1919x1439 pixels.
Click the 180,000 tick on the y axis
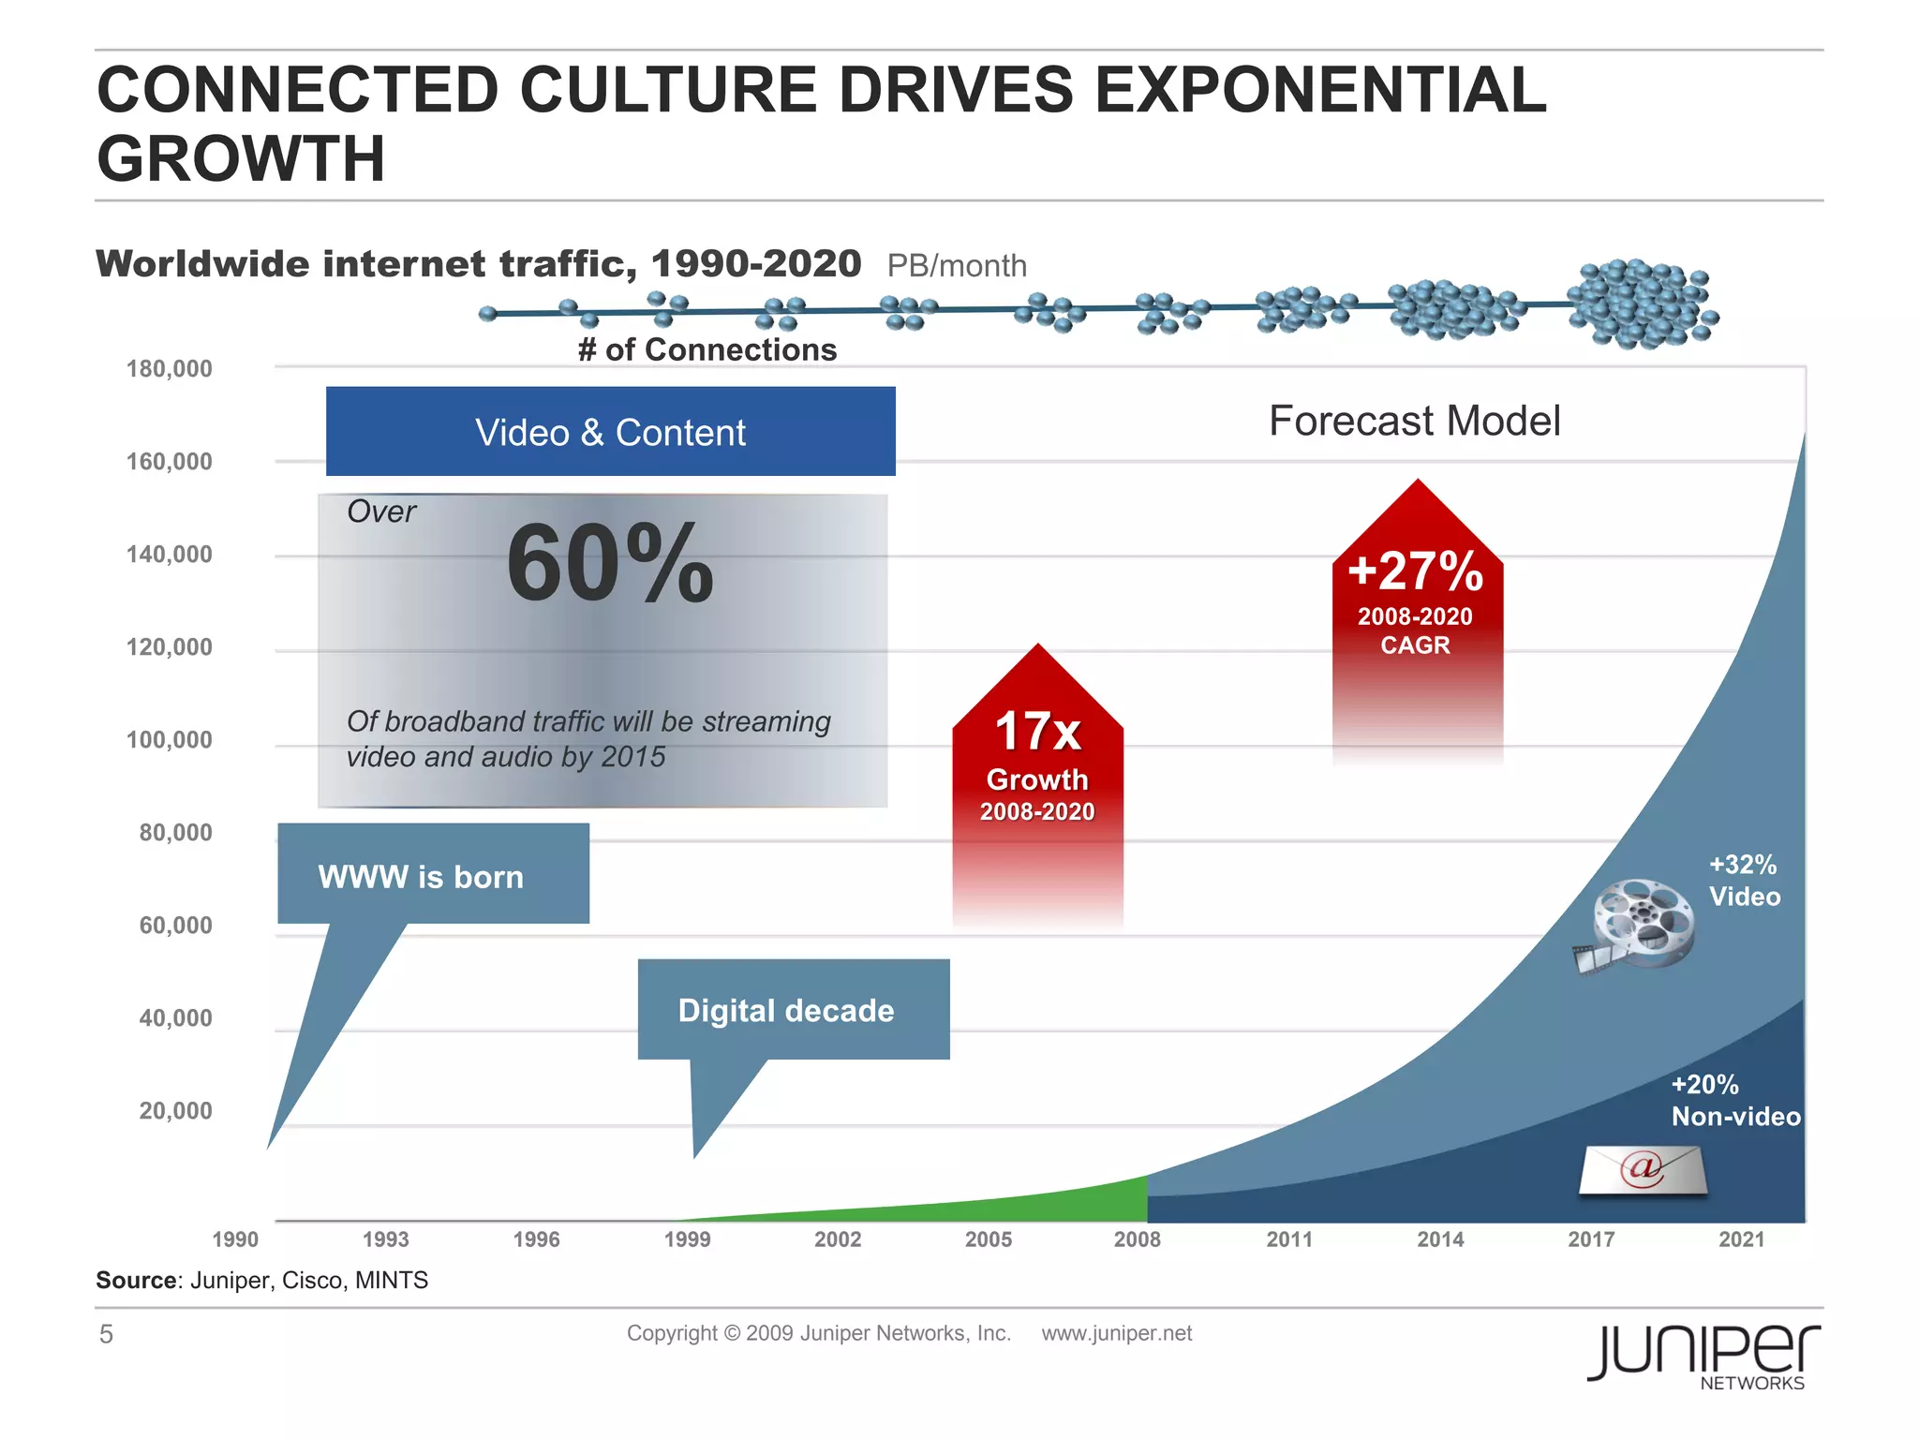pyautogui.click(x=169, y=369)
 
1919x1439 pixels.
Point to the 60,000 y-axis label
pyautogui.click(x=175, y=926)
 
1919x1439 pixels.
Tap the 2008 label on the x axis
pyautogui.click(x=1137, y=1239)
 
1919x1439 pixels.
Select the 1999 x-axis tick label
pyautogui.click(x=687, y=1239)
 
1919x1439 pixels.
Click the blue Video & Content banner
pyautogui.click(x=610, y=432)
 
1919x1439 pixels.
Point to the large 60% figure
pyautogui.click(x=610, y=564)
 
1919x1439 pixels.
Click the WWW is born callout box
pyautogui.click(x=433, y=874)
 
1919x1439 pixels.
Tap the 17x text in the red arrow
pyautogui.click(x=1037, y=732)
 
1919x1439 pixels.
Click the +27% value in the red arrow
pyautogui.click(x=1415, y=571)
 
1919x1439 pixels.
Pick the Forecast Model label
pyautogui.click(x=1414, y=421)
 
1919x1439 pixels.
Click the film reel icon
pyautogui.click(x=1636, y=925)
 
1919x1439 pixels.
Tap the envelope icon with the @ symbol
pyautogui.click(x=1643, y=1170)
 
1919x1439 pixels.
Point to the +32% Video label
pyautogui.click(x=1744, y=881)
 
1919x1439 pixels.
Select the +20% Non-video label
pyautogui.click(x=1735, y=1101)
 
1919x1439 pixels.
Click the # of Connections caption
pyautogui.click(x=707, y=350)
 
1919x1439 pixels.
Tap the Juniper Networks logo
pyautogui.click(x=1703, y=1356)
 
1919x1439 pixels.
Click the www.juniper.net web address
pyautogui.click(x=1116, y=1333)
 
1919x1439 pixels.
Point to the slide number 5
pyautogui.click(x=106, y=1334)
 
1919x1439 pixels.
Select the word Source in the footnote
pyautogui.click(x=137, y=1281)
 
